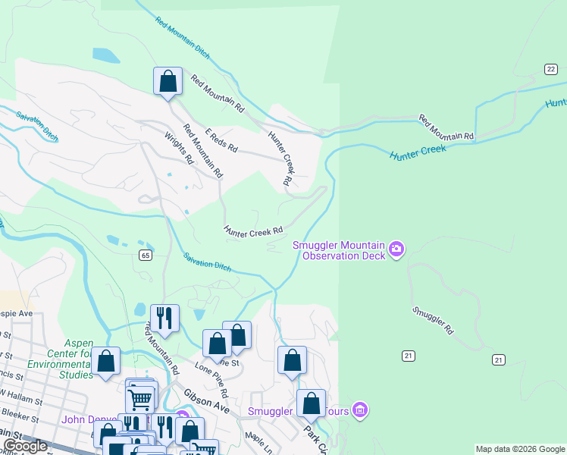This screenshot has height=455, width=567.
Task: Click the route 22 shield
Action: (x=550, y=69)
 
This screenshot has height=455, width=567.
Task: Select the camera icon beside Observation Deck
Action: (x=396, y=249)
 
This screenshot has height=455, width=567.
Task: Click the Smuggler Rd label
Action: (x=432, y=321)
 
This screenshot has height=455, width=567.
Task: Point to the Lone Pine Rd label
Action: (x=211, y=379)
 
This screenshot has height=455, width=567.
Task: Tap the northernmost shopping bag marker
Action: (x=168, y=82)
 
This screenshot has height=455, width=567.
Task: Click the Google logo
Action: (x=25, y=446)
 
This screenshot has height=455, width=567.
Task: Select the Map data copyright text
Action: (x=520, y=449)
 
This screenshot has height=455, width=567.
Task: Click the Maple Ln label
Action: (x=258, y=441)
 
